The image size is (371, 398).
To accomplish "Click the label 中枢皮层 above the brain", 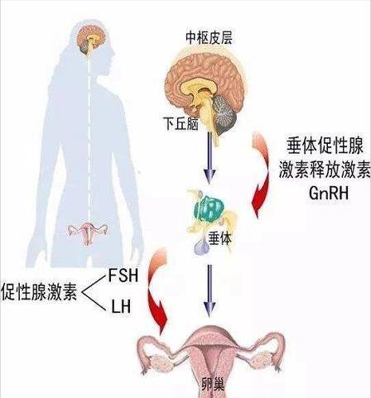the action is point(209,37).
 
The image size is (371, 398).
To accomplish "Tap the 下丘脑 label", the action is point(181,123).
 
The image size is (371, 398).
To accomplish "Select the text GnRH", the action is point(329,193).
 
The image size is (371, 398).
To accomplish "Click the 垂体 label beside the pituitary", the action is point(219,238).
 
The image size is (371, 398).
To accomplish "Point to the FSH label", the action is point(123,276).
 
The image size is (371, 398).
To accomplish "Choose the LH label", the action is point(121,306).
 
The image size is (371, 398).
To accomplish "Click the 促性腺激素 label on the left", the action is point(39,291).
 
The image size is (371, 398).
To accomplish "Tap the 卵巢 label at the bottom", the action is point(212,385).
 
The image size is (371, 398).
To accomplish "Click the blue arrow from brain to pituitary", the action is point(210,158).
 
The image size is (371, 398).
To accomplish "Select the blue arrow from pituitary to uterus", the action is point(210,290).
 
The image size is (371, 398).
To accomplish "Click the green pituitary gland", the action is point(209,209).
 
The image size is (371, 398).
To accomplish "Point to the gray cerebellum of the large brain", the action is point(224,114).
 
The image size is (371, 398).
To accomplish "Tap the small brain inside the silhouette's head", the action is point(91,40).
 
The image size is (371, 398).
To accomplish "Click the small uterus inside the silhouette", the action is point(88,233).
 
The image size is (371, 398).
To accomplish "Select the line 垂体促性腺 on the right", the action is point(325,146).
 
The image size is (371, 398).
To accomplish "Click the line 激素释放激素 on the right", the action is point(325,169).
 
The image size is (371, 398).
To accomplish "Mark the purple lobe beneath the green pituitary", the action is point(201,246).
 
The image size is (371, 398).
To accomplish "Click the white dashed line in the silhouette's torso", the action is point(89,138).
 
